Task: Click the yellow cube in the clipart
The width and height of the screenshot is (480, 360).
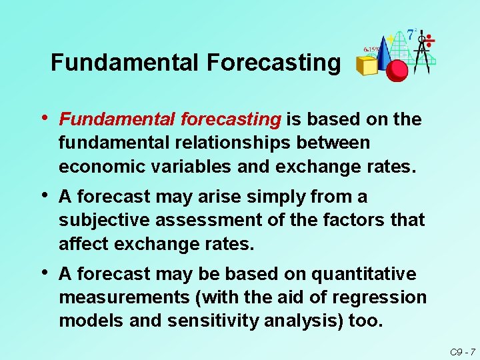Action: [367, 65]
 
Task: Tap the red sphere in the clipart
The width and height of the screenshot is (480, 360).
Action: [397, 69]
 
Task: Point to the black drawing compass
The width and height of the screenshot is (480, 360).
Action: [421, 50]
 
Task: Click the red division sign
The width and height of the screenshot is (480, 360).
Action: [430, 41]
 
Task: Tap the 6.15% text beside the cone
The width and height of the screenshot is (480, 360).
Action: [371, 49]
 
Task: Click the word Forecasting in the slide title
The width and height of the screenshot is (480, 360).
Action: [273, 63]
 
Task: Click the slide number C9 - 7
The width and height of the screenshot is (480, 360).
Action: [462, 351]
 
